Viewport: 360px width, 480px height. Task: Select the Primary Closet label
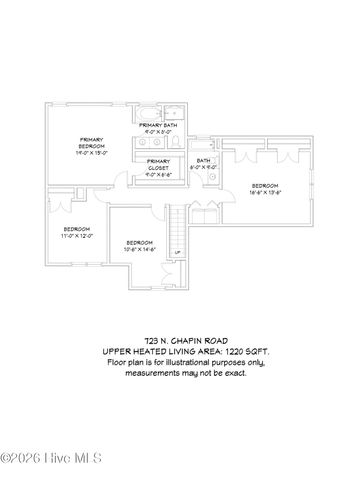point(158,164)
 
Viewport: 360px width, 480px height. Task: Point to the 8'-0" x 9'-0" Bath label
point(203,163)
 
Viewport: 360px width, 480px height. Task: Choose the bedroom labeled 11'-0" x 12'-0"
point(77,232)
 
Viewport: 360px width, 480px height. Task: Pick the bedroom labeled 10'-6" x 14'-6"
point(139,245)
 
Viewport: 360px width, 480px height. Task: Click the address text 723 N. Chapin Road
point(180,341)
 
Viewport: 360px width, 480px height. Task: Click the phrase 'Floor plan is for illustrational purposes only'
point(181,364)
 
